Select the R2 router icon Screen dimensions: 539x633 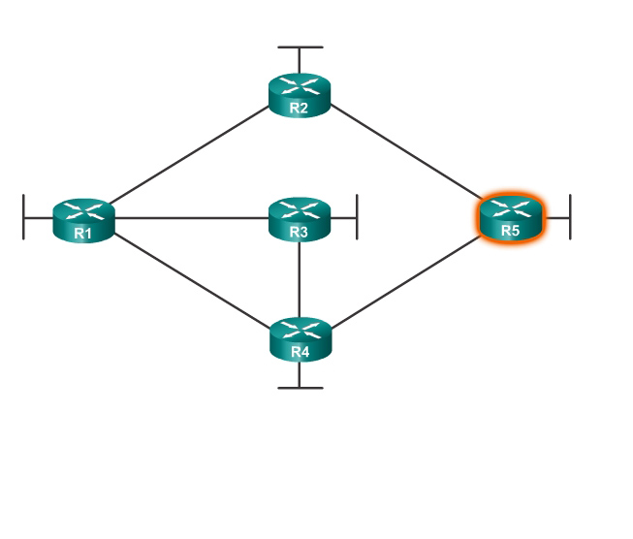[x=300, y=93]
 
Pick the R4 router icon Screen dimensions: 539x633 [x=300, y=337]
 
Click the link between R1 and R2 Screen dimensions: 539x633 [x=191, y=155]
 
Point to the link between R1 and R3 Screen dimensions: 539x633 [x=191, y=217]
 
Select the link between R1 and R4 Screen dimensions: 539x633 [x=191, y=277]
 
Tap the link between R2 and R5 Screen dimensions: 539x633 [x=405, y=155]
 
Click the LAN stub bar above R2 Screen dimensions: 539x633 [x=300, y=47]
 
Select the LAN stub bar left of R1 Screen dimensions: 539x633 [x=23, y=216]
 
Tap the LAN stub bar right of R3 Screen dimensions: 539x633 [x=357, y=216]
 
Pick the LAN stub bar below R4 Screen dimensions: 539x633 [x=300, y=388]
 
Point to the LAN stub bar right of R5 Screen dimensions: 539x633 [x=570, y=216]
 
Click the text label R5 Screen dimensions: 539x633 [x=511, y=231]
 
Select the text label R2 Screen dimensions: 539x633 [x=300, y=108]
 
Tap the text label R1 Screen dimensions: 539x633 [x=83, y=233]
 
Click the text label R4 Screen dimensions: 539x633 [x=300, y=352]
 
